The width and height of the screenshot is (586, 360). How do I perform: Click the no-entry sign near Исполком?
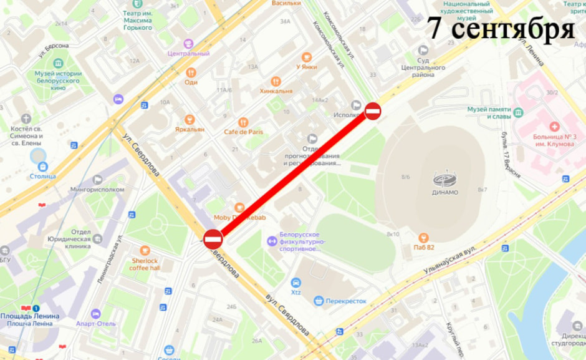373,111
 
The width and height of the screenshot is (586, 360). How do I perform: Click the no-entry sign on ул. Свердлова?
213,239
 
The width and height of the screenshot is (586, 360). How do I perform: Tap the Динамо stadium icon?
445,180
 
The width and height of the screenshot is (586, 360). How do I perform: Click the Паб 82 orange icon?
424,237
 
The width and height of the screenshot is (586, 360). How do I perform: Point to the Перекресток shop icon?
319,301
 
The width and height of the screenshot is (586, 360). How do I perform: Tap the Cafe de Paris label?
243,132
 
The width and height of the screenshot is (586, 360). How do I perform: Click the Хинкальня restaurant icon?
276,82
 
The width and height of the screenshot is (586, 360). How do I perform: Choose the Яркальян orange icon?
190,120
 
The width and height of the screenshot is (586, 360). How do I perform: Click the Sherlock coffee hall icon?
145,251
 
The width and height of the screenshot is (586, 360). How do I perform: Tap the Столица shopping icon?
42,167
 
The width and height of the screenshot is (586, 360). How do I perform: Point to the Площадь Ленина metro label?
30,316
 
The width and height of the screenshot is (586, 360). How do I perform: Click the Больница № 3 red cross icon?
554,127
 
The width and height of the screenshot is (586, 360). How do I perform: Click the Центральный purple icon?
188,44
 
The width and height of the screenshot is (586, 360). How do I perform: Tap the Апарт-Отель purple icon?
95,314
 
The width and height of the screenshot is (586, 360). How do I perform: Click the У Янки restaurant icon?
306,57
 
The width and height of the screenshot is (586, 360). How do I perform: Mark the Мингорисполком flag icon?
97,180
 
